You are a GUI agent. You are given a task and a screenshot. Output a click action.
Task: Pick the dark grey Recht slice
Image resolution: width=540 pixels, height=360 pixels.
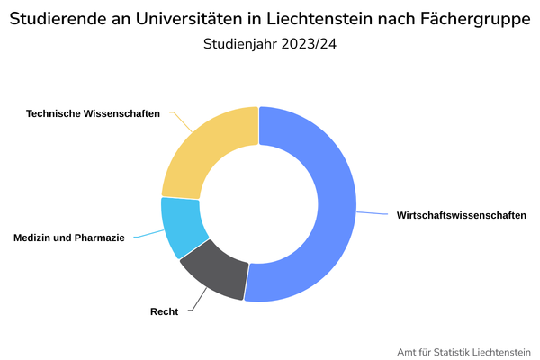pyautogui.click(x=216, y=274)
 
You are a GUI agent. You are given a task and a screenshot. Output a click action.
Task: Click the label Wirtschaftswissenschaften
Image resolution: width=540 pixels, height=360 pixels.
pyautogui.click(x=461, y=215)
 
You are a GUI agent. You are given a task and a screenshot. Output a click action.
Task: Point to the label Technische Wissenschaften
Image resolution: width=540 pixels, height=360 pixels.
pyautogui.click(x=93, y=113)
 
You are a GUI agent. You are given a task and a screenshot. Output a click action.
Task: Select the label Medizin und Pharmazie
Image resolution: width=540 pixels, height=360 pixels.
pyautogui.click(x=69, y=238)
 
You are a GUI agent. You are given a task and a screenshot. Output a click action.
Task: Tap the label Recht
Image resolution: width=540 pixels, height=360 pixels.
pyautogui.click(x=164, y=311)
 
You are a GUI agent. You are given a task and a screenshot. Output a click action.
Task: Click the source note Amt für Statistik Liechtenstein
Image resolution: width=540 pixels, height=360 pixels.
pyautogui.click(x=464, y=351)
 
